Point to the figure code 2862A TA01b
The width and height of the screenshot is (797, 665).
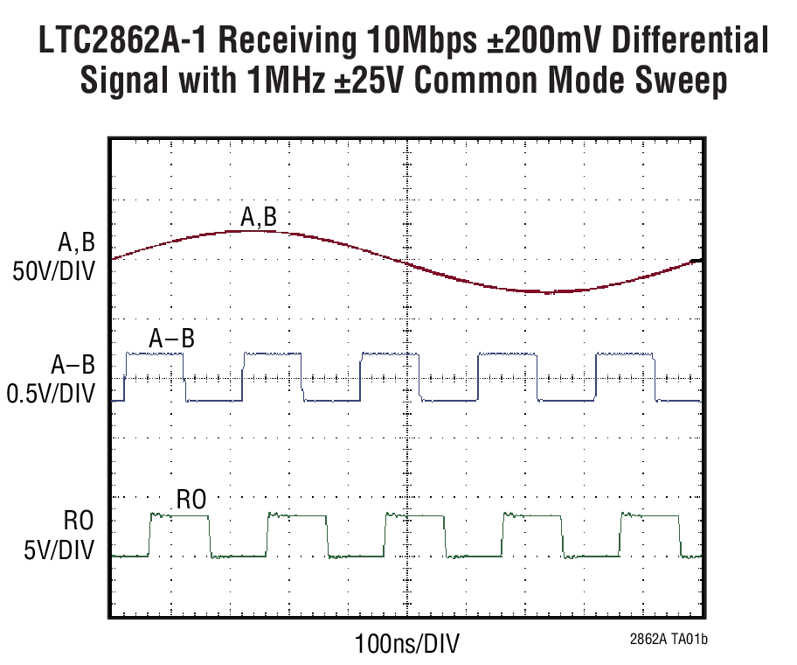[x=666, y=640]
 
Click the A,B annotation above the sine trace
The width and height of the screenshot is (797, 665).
[x=259, y=216]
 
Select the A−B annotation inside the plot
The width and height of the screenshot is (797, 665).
[x=171, y=339]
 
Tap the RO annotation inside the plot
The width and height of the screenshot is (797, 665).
[x=191, y=500]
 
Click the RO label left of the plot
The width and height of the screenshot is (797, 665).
[x=77, y=522]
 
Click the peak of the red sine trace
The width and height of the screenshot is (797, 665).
[x=249, y=231]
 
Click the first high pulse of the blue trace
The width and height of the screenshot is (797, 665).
[x=156, y=353]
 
